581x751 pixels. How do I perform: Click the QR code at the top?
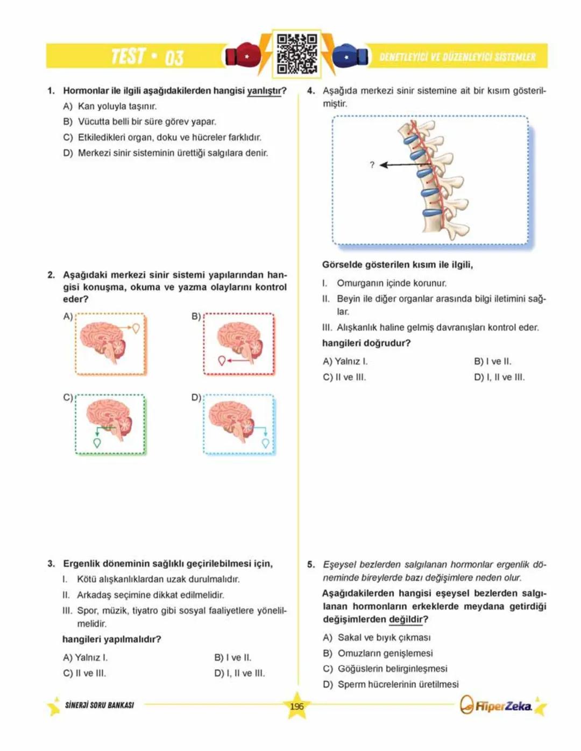(x=296, y=54)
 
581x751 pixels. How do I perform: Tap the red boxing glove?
(x=243, y=55)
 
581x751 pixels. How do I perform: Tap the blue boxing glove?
(x=350, y=55)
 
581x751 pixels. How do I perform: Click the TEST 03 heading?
(x=147, y=56)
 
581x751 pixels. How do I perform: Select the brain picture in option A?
(x=110, y=344)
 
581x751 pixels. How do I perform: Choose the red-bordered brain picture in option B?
(x=239, y=344)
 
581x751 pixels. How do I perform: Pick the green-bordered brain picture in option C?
(x=110, y=425)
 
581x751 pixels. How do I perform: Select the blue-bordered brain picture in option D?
(x=239, y=425)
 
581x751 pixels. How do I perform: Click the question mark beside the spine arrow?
(x=372, y=165)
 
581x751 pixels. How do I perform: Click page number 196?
(x=296, y=706)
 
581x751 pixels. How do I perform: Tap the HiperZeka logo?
(x=497, y=705)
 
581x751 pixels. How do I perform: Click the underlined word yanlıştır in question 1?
(x=266, y=91)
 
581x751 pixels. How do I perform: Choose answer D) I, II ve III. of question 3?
(x=239, y=673)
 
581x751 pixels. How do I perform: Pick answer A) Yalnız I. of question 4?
(x=345, y=361)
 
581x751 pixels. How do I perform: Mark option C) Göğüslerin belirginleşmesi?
(x=385, y=669)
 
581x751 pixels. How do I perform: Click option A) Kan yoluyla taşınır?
(x=110, y=106)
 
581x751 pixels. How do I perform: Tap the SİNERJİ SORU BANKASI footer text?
(x=100, y=705)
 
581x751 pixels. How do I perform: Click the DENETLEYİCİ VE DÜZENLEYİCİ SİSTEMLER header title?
(x=457, y=57)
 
